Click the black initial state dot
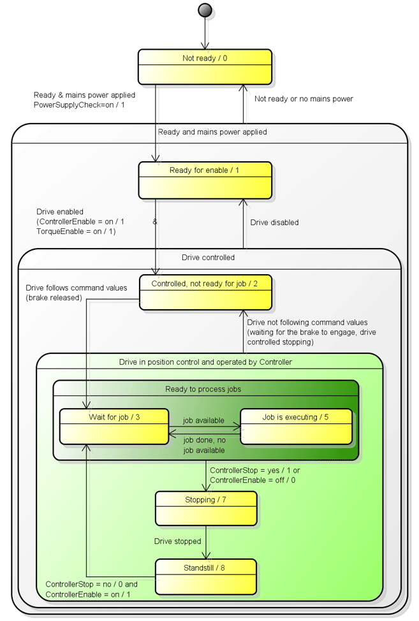click(205, 10)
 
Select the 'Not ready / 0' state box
click(205, 67)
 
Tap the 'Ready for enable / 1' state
click(205, 180)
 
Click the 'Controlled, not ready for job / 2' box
click(205, 292)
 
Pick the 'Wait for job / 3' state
click(114, 426)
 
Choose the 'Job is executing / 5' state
click(295, 426)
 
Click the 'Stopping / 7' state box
click(205, 508)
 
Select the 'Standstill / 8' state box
click(205, 576)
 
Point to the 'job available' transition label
click(203, 421)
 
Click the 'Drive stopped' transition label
click(177, 542)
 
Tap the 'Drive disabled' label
click(274, 223)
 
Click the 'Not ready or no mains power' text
click(304, 99)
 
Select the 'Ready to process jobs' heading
click(203, 389)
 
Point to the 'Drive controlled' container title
click(208, 258)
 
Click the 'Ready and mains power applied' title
click(212, 132)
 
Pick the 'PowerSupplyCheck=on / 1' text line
click(79, 105)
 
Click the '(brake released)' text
click(54, 298)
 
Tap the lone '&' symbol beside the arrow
click(155, 222)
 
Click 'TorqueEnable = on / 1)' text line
click(76, 231)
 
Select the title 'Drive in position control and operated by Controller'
click(205, 362)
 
